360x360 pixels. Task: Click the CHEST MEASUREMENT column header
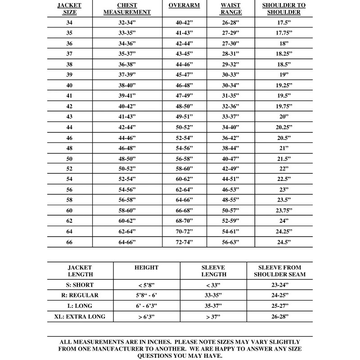tap(127, 9)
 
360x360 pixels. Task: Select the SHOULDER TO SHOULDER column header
tap(283, 9)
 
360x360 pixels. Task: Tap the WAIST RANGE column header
tap(231, 9)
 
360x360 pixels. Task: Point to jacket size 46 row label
tap(69, 138)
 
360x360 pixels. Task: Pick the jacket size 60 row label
tap(69, 211)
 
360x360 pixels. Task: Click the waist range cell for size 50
tap(231, 159)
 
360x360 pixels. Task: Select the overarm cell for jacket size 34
tap(184, 22)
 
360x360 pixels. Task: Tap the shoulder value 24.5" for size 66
tap(283, 242)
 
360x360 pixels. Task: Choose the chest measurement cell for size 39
tap(127, 75)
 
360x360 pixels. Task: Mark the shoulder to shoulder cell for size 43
tap(283, 117)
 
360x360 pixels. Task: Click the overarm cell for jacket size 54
tap(184, 180)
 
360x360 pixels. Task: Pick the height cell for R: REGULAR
tap(146, 295)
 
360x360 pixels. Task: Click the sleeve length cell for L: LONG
tap(213, 306)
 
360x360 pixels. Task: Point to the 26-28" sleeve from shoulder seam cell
tap(279, 316)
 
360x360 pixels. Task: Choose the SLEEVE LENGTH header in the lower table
tap(213, 270)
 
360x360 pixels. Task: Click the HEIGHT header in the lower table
tap(146, 267)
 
